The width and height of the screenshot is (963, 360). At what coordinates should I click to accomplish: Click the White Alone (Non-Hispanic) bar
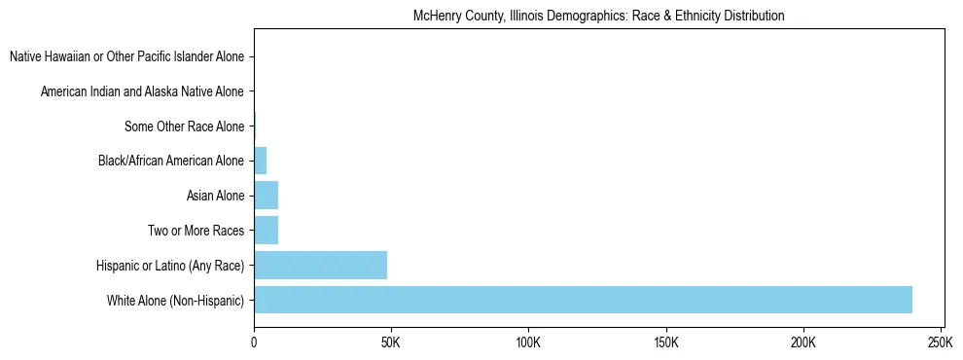pyautogui.click(x=583, y=300)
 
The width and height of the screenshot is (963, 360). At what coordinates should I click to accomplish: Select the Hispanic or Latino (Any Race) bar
pyautogui.click(x=320, y=265)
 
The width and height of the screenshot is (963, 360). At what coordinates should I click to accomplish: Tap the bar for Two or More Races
pyautogui.click(x=266, y=231)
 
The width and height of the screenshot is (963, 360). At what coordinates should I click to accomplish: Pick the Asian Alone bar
pyautogui.click(x=266, y=196)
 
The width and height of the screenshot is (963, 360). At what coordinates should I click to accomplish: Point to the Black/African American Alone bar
pyautogui.click(x=260, y=161)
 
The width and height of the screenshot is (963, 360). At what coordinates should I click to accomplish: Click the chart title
pyautogui.click(x=598, y=17)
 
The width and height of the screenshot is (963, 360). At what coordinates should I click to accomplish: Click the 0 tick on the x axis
pyautogui.click(x=254, y=343)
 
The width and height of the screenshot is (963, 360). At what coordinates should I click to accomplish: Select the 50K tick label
pyautogui.click(x=391, y=343)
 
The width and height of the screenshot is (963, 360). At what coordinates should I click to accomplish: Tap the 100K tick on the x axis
pyautogui.click(x=528, y=343)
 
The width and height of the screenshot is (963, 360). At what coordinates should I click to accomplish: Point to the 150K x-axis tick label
pyautogui.click(x=666, y=343)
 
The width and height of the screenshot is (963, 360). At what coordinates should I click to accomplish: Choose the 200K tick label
pyautogui.click(x=803, y=343)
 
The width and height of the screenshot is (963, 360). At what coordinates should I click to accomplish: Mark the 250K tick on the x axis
pyautogui.click(x=941, y=343)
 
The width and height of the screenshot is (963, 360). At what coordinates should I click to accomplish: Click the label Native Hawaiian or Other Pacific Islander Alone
pyautogui.click(x=126, y=56)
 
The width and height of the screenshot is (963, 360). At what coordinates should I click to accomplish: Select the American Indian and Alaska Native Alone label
pyautogui.click(x=142, y=91)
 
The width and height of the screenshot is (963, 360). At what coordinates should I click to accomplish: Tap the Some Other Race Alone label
pyautogui.click(x=185, y=126)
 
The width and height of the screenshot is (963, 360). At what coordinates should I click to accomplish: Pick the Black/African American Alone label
pyautogui.click(x=171, y=161)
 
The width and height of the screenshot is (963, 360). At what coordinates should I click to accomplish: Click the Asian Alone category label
pyautogui.click(x=215, y=196)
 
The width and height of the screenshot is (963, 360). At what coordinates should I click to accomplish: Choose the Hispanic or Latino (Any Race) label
pyautogui.click(x=170, y=265)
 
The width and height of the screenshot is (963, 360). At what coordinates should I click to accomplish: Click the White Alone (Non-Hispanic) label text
pyautogui.click(x=176, y=300)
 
